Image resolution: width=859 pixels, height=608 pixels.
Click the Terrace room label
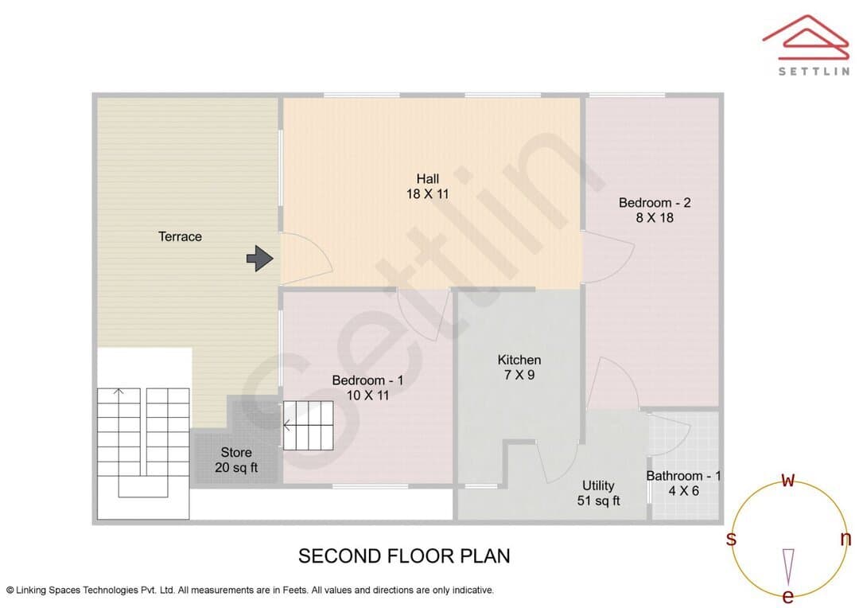pos(180,236)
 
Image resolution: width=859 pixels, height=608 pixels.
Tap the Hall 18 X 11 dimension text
pos(427,193)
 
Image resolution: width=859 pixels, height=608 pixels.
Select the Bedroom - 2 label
pos(655,202)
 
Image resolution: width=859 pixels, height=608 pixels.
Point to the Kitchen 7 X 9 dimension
pos(519,375)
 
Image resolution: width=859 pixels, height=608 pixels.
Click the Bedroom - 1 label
pos(367,380)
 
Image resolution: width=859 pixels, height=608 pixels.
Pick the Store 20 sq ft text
pos(236,460)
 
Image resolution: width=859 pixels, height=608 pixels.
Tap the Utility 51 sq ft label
pos(598,493)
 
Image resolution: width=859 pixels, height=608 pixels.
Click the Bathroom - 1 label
pos(683,476)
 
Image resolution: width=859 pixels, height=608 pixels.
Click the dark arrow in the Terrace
pos(259,258)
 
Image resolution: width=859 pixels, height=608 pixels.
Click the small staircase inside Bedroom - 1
pos(308,426)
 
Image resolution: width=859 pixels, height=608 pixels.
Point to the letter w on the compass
pos(787,480)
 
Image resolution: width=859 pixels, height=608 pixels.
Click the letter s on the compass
pos(731,539)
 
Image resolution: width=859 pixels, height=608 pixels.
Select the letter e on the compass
pos(787,596)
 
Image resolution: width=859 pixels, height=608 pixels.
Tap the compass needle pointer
pos(788,567)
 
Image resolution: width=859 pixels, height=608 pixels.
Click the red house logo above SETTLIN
pos(806,37)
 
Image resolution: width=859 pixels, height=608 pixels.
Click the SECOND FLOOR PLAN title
pos(404,556)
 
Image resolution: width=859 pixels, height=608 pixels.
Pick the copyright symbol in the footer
pos(10,590)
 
